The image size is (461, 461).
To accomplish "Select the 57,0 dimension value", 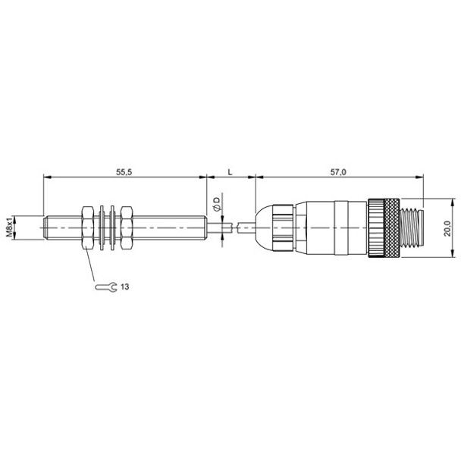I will coord(337,172).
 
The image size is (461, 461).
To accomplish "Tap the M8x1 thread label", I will coord(10,227).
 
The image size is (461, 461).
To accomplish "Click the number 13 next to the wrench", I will coord(124,287).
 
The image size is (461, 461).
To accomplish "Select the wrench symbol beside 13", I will coord(106,287).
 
